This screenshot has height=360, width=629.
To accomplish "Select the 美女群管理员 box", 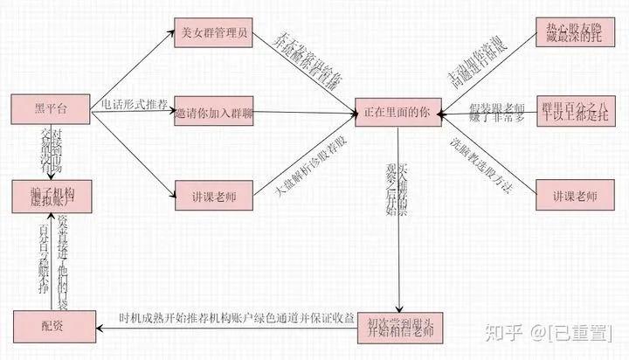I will click(x=214, y=36).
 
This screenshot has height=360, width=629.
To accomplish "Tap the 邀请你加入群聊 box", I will click(x=213, y=113).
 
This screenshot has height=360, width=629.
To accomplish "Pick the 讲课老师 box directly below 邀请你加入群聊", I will click(x=213, y=194).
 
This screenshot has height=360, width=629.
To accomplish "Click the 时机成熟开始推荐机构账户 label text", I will click(x=236, y=318).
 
